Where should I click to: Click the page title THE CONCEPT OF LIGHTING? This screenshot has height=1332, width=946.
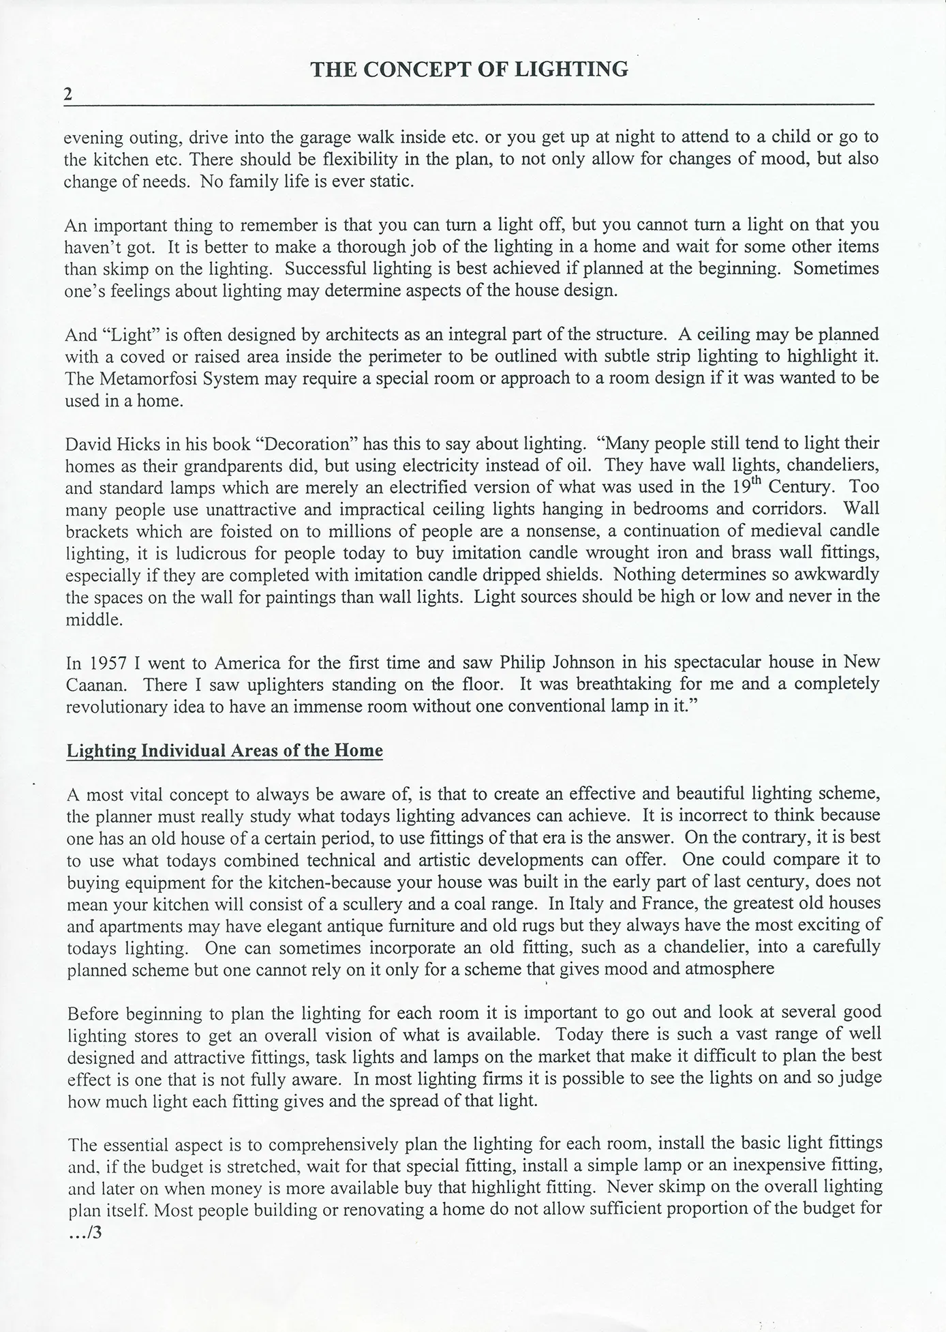pos(469,69)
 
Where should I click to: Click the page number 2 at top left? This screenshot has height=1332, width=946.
pos(68,95)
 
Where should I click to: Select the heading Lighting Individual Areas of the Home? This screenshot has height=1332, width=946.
pos(224,751)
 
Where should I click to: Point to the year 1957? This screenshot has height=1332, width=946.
pos(104,662)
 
